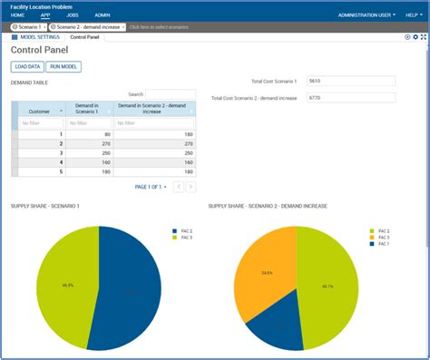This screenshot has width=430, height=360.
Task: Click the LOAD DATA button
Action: pyautogui.click(x=28, y=67)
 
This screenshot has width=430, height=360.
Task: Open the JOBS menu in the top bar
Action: pyautogui.click(x=72, y=15)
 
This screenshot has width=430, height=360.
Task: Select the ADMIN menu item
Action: pyautogui.click(x=102, y=15)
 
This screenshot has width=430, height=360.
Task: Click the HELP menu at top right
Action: pyautogui.click(x=412, y=15)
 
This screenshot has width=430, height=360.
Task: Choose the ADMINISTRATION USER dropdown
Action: pyautogui.click(x=366, y=15)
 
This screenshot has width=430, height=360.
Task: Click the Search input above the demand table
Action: pyautogui.click(x=171, y=93)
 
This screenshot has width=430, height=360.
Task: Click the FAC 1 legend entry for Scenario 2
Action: pyautogui.click(x=383, y=244)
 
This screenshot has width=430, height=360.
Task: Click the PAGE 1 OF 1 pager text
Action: pyautogui.click(x=150, y=187)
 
